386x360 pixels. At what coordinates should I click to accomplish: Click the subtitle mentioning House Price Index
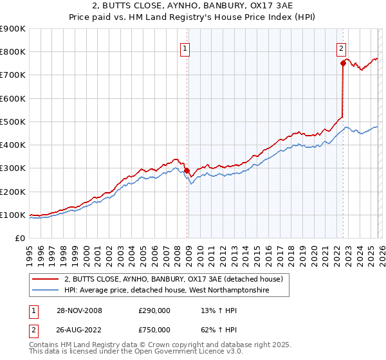tap(192, 18)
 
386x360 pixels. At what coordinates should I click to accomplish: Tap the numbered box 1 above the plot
tap(185, 48)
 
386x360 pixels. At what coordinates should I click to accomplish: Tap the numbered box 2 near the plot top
tap(340, 48)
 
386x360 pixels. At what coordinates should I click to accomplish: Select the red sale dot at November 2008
tap(187, 171)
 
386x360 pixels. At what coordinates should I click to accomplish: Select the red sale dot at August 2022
tap(343, 63)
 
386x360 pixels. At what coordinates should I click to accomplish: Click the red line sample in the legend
tap(45, 279)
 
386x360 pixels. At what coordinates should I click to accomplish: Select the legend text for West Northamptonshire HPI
tap(167, 291)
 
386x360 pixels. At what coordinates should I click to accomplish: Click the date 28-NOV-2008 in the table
tap(78, 310)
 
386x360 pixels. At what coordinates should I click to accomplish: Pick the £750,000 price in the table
tap(154, 331)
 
